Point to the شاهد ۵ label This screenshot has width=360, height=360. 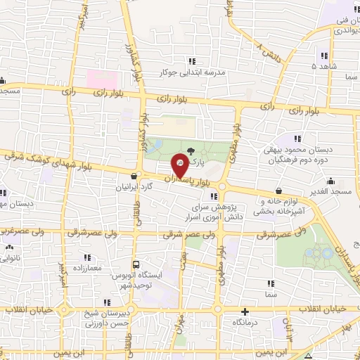pos(324,66)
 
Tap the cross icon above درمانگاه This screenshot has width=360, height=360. pos(245,311)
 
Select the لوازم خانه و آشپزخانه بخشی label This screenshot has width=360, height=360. pos(284,205)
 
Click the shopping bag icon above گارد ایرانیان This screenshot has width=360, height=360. pos(134,176)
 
